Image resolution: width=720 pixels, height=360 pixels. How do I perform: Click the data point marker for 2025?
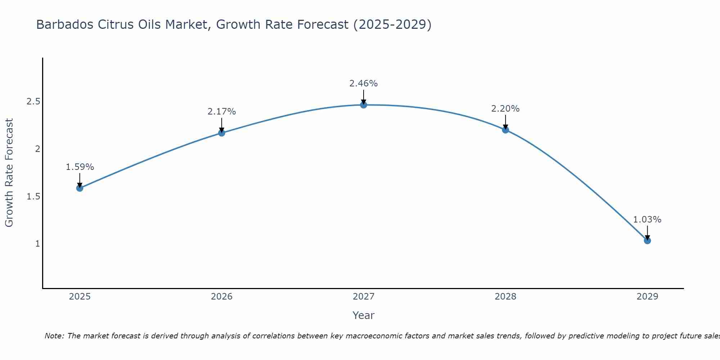click(x=80, y=188)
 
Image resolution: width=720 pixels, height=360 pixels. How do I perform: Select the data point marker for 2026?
click(x=222, y=133)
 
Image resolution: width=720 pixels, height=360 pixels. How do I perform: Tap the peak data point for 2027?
click(x=364, y=105)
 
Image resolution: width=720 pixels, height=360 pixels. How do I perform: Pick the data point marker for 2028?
click(x=505, y=130)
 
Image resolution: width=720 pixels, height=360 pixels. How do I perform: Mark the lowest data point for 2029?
click(x=647, y=240)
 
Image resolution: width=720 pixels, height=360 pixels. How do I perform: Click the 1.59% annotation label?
click(x=80, y=167)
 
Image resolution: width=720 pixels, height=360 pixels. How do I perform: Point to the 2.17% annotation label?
click(x=222, y=112)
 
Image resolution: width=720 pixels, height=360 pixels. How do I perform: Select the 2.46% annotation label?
click(x=364, y=84)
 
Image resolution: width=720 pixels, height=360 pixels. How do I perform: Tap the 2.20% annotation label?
click(x=505, y=109)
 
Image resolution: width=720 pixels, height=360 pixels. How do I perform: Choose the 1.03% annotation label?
click(x=647, y=220)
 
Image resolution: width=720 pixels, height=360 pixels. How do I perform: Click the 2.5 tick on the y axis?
click(x=33, y=102)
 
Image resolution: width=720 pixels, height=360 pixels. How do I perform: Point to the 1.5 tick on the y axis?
click(x=33, y=197)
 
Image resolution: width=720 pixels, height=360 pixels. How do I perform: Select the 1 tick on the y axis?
click(x=37, y=244)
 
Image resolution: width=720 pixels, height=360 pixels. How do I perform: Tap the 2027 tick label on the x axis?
click(x=364, y=297)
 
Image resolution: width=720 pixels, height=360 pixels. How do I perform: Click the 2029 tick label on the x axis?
click(x=647, y=297)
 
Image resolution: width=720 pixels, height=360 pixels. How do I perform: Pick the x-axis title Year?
click(x=364, y=315)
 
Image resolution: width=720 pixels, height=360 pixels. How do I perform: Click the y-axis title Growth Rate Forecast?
click(x=9, y=173)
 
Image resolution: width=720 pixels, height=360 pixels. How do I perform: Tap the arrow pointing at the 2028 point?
click(x=505, y=122)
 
